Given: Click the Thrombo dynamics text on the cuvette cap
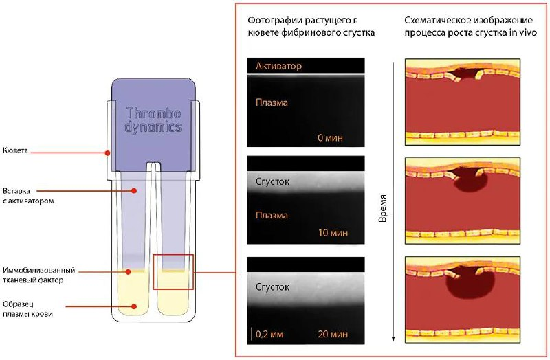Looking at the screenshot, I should (x=154, y=120).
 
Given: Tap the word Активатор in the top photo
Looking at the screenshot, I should (x=278, y=67).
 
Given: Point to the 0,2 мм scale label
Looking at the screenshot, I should (x=269, y=335).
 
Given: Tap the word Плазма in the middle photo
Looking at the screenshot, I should (x=272, y=215).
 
